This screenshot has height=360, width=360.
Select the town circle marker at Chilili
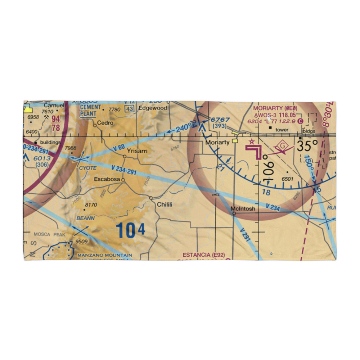pyautogui.click(x=151, y=198)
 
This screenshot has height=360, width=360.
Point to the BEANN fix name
pyautogui.click(x=85, y=218)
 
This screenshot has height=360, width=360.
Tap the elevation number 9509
pyautogui.click(x=81, y=242)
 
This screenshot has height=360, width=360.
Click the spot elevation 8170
pyautogui.click(x=91, y=205)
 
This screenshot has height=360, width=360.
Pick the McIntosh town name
pyautogui.click(x=243, y=208)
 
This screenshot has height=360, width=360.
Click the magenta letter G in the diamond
pyautogui.click(x=282, y=146)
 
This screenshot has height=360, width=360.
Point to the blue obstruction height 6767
pyautogui.click(x=220, y=120)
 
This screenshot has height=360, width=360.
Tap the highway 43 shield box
pyautogui.click(x=130, y=108)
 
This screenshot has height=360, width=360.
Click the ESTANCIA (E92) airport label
pyautogui.click(x=204, y=255)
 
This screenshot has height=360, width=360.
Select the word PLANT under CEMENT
pyautogui.click(x=88, y=114)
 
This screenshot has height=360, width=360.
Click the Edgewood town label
pyautogui.click(x=153, y=108)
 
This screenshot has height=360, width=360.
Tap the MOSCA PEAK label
pyautogui.click(x=50, y=234)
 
